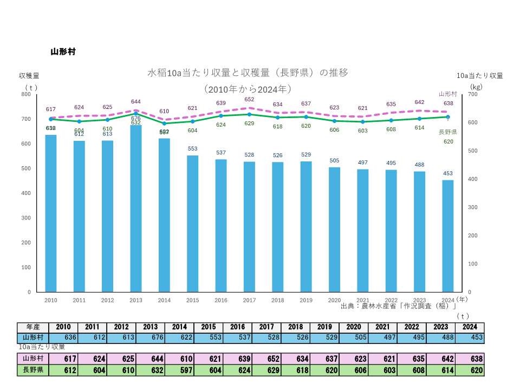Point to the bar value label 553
192,148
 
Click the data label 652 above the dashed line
249,100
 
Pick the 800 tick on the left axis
25,94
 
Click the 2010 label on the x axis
51,300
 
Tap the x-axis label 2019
306,300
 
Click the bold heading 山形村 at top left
63,52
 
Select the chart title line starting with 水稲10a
248,73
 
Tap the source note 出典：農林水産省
399,306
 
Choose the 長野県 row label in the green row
33,370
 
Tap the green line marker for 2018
277,118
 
